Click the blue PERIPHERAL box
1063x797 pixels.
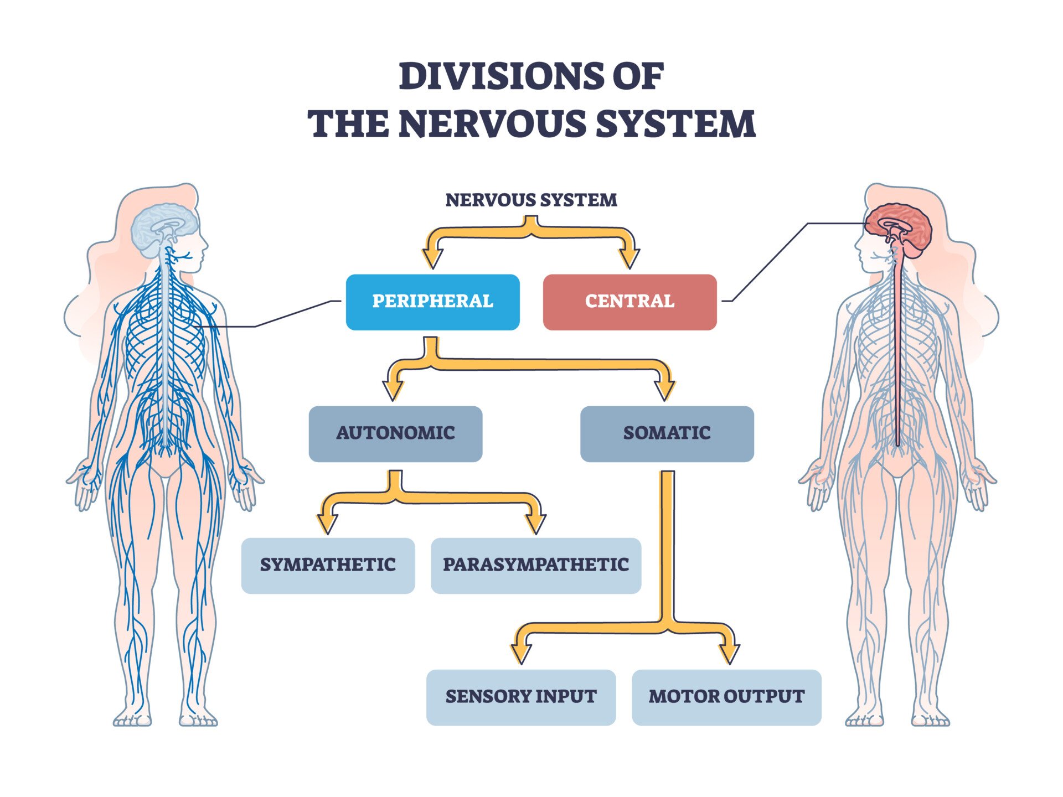[432, 302]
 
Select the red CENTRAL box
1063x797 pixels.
[629, 302]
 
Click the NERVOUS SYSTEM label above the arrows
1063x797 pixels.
[531, 200]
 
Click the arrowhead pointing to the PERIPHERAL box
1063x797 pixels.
[432, 258]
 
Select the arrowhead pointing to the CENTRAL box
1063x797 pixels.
[629, 258]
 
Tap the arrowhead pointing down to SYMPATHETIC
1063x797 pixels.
[328, 523]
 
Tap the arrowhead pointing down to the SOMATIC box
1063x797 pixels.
[664, 390]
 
